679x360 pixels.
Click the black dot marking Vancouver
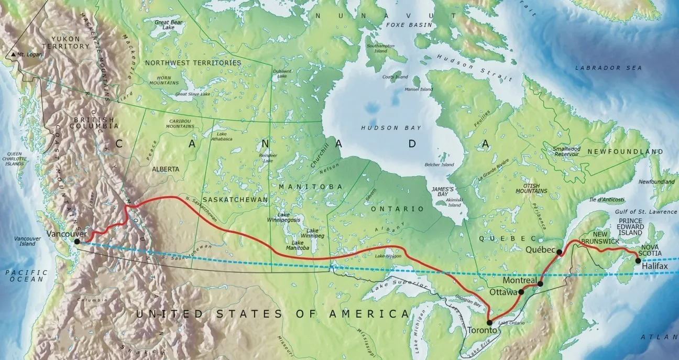coord(77,242)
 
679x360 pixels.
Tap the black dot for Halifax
coord(638,260)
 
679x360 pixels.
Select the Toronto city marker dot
coord(489,323)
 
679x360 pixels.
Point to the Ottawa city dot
coord(521,292)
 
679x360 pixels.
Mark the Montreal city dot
coord(540,284)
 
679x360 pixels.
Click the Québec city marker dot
coord(559,252)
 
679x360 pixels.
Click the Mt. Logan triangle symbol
coord(13,54)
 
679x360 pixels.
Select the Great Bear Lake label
coord(168,25)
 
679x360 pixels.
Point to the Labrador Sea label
coord(608,68)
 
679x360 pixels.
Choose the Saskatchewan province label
coord(235,200)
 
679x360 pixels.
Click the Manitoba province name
coord(310,187)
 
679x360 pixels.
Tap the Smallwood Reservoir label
coord(566,151)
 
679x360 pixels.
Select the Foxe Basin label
coord(409,25)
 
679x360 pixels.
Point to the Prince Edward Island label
coord(637,226)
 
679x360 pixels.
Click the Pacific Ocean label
coord(26,276)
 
